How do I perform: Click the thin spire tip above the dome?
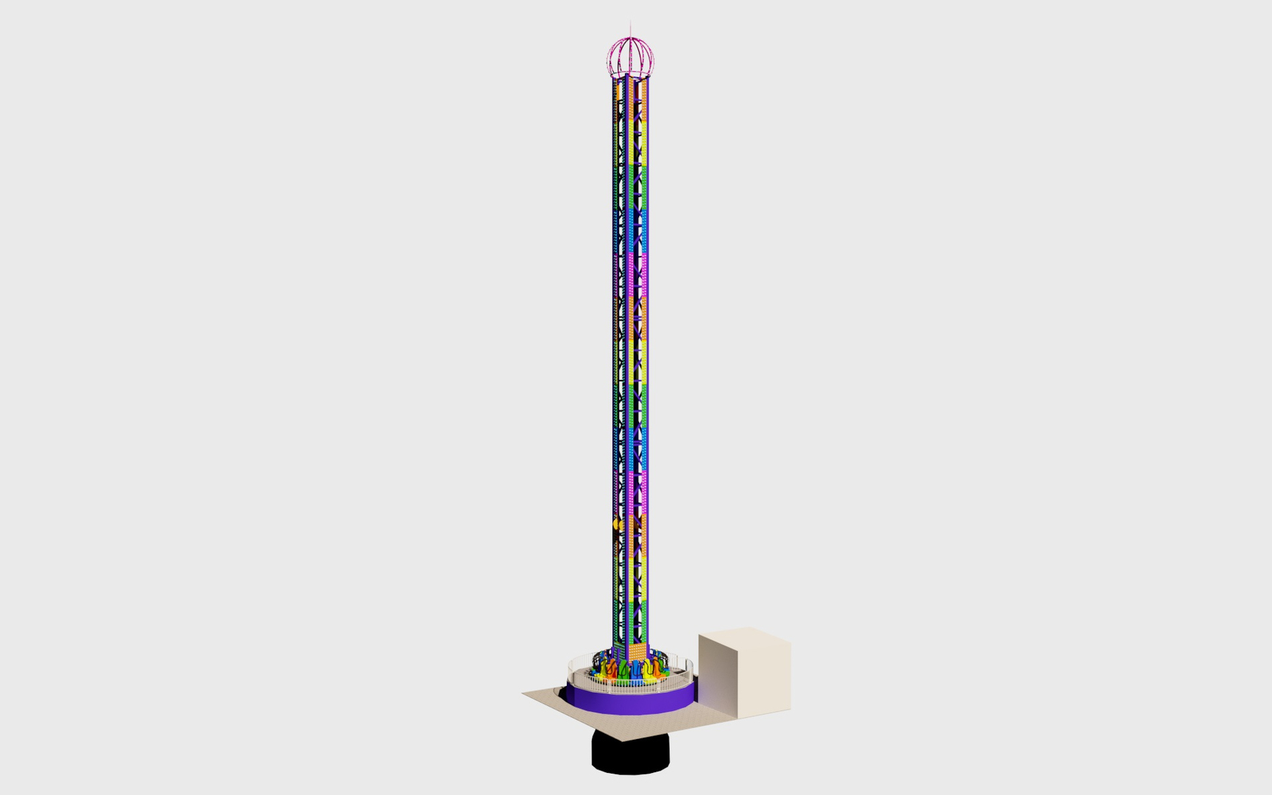(x=630, y=24)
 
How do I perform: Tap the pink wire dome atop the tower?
(x=631, y=56)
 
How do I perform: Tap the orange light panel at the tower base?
(x=637, y=652)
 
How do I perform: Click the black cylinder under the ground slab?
(x=630, y=755)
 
